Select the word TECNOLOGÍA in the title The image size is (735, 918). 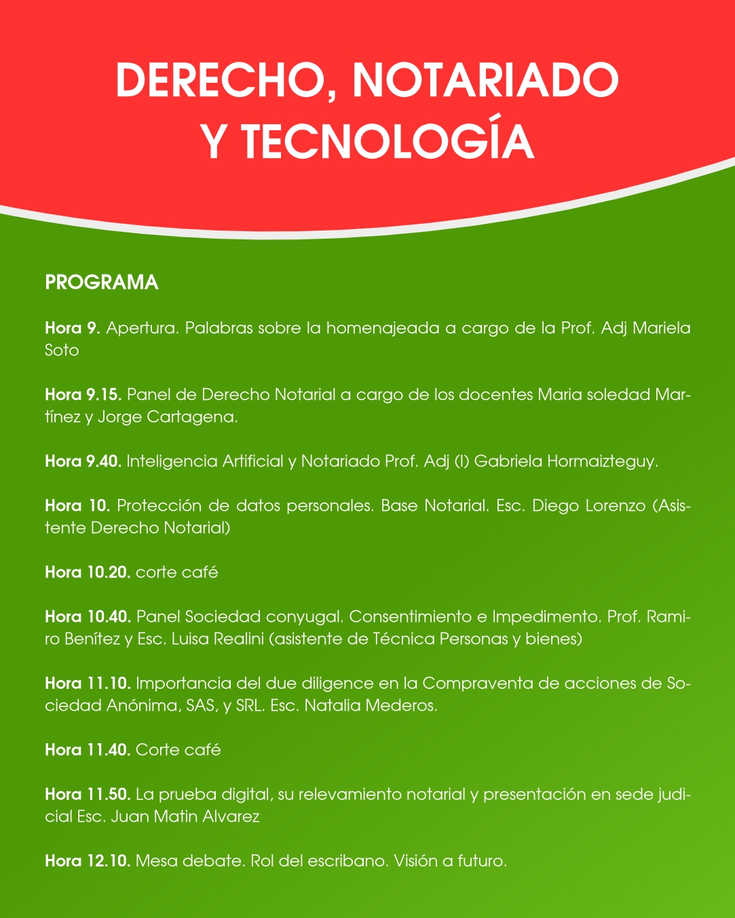tap(388, 141)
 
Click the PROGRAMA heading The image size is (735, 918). tap(102, 283)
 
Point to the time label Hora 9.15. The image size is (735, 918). tap(83, 395)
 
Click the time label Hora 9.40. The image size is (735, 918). tap(83, 462)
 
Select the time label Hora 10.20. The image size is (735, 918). tap(88, 572)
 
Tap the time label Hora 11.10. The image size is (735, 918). tap(88, 683)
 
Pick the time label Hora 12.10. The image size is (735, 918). tap(88, 861)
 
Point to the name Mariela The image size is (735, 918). tap(662, 328)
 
